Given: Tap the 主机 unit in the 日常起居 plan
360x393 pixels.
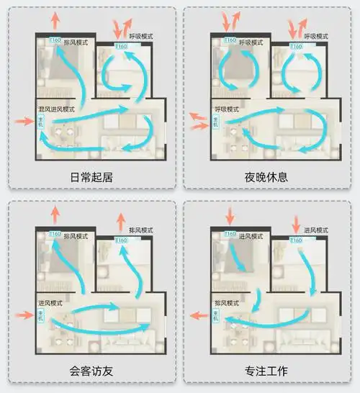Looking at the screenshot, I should click(41, 122).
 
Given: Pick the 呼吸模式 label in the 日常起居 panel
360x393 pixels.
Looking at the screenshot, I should click(143, 35).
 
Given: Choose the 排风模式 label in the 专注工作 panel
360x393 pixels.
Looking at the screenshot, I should click(232, 303).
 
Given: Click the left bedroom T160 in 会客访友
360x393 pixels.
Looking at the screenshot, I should click(55, 236).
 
